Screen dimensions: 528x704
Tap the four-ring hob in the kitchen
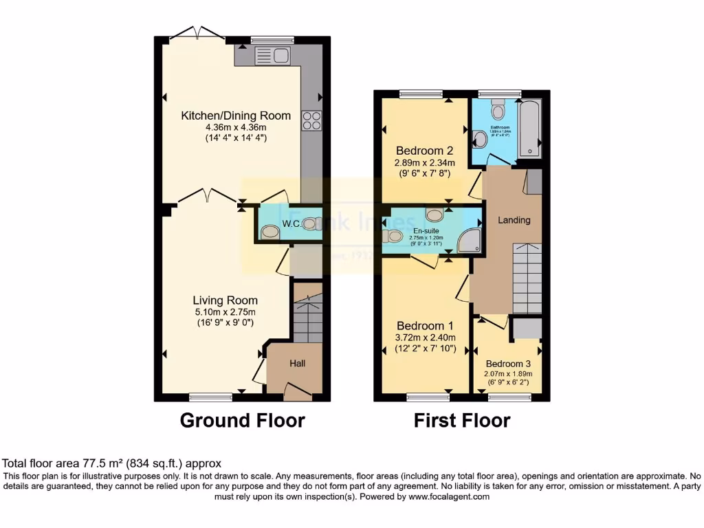pyautogui.click(x=311, y=120)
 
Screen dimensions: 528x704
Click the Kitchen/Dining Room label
pyautogui.click(x=236, y=115)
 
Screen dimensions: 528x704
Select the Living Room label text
pyautogui.click(x=225, y=300)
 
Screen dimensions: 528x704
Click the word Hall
pyautogui.click(x=297, y=363)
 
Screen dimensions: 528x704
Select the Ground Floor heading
pyautogui.click(x=242, y=420)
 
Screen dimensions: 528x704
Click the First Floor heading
pyautogui.click(x=462, y=420)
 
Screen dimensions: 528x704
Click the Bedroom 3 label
pyautogui.click(x=508, y=364)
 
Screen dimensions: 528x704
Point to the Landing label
pyautogui.click(x=514, y=220)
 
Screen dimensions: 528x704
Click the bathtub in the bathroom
pyautogui.click(x=529, y=129)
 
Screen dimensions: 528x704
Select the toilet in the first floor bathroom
pyautogui.click(x=498, y=109)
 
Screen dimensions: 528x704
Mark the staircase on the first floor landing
pyautogui.click(x=527, y=278)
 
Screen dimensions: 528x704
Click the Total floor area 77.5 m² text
pyautogui.click(x=112, y=464)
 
